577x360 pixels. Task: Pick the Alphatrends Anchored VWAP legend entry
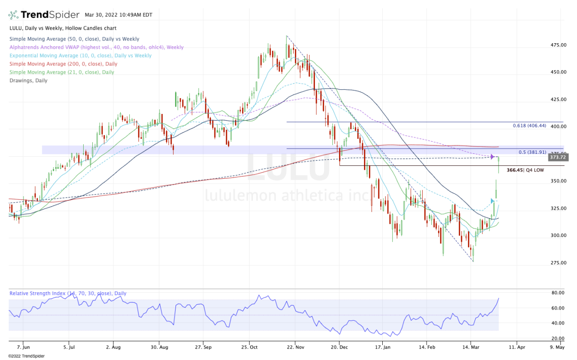coord(96,47)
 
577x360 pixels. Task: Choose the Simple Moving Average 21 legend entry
coord(62,72)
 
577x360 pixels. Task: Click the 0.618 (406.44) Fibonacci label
coord(528,125)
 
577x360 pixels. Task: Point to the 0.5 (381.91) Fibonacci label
coord(532,152)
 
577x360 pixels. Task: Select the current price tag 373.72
coord(558,157)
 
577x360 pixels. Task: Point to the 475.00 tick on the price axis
coord(558,45)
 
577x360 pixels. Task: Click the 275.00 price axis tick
coord(558,263)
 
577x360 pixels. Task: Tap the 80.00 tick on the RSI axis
coord(557,293)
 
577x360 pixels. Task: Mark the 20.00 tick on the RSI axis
coord(557,338)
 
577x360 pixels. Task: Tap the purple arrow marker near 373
coord(492,157)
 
